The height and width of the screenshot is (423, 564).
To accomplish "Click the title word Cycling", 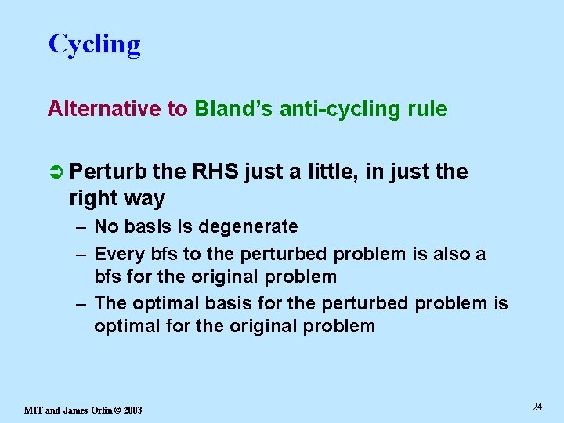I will point(94,45).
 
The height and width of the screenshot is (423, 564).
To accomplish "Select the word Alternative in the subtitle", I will point(105,109).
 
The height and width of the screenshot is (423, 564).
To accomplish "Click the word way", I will point(144,199).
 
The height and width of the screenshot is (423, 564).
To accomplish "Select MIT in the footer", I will point(34,410).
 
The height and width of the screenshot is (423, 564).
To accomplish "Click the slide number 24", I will point(537,407).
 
